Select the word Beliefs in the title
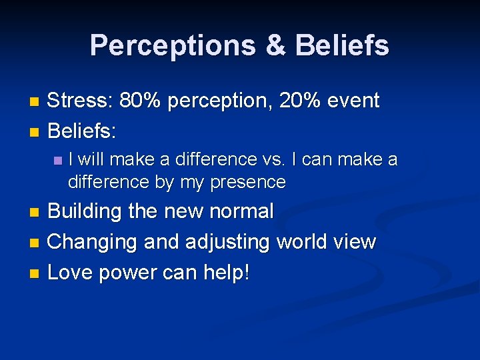pos(341,45)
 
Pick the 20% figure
pos(303,101)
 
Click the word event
pos(356,101)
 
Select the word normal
pos(241,211)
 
